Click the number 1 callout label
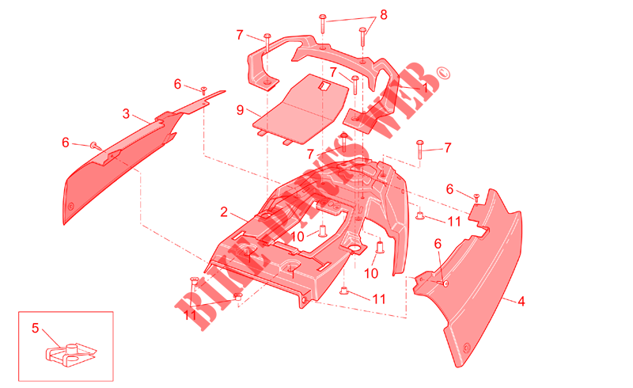[x=425, y=87]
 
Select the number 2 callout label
[x=224, y=211]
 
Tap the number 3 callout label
[x=126, y=114]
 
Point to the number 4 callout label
[x=521, y=301]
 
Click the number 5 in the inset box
[x=35, y=328]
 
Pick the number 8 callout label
[x=384, y=15]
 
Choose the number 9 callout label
[x=241, y=110]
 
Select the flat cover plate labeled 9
[x=302, y=108]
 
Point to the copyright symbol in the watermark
[x=443, y=74]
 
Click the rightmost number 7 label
[x=447, y=148]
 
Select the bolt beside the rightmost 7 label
[x=420, y=150]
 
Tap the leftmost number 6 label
[x=66, y=143]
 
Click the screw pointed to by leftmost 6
[x=95, y=146]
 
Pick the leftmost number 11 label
[x=190, y=315]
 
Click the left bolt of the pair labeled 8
[x=323, y=24]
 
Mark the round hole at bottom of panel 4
[x=467, y=348]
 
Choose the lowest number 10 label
[x=371, y=274]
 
